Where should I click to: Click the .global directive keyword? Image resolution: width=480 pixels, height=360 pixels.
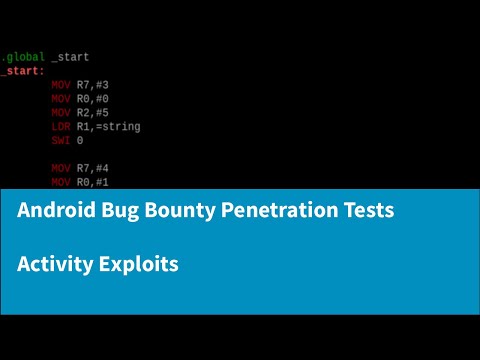22,57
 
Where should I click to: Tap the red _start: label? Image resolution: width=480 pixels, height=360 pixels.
22,71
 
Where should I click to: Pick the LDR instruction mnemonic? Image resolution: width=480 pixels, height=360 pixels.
61,127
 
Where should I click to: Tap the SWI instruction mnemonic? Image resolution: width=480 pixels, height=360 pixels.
61,141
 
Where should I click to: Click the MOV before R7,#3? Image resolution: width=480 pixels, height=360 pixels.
61,85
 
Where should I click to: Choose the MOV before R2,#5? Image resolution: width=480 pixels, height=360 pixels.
61,113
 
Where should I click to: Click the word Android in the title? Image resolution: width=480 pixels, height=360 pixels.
54,211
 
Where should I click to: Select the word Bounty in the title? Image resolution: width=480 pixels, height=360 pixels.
178,212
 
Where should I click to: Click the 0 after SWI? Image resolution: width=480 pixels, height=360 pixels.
80,141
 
